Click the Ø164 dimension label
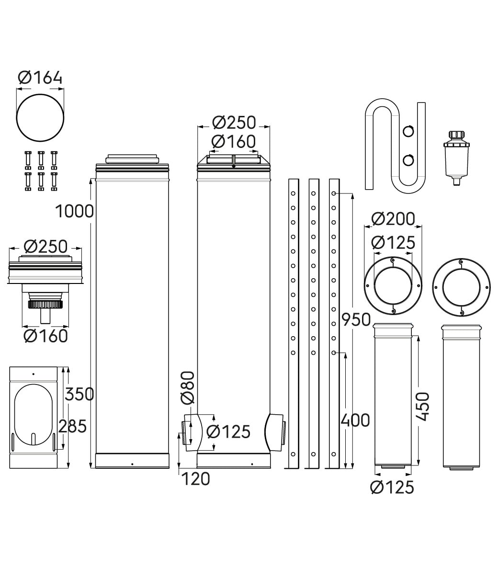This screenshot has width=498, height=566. (40, 78)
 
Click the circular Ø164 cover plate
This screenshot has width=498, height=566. (40, 118)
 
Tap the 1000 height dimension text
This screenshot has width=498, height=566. (74, 211)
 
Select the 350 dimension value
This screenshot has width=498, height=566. (79, 394)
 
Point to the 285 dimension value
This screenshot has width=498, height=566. (72, 426)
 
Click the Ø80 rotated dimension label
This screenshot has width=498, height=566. (188, 387)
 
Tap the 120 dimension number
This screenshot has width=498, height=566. (195, 479)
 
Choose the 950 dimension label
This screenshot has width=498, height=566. (356, 320)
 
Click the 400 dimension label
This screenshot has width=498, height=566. (355, 420)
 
